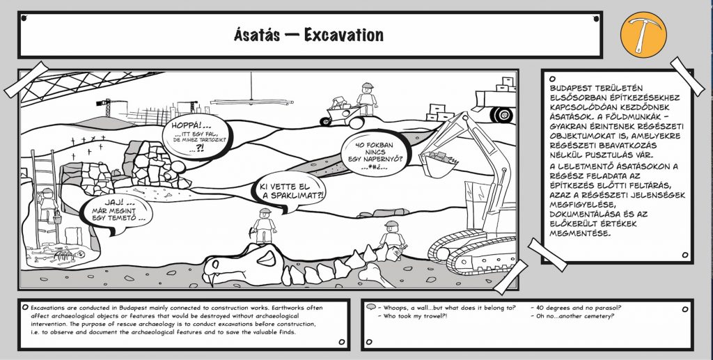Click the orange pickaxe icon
(x=643, y=35)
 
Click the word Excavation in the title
(x=344, y=35)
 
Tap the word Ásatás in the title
(x=257, y=35)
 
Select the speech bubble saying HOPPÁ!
(x=197, y=136)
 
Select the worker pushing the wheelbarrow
(x=368, y=98)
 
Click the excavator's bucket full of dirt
(x=439, y=163)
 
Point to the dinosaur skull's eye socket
(x=267, y=258)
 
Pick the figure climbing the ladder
(x=48, y=205)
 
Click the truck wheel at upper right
(x=501, y=114)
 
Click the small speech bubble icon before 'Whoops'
(x=371, y=307)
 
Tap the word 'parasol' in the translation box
(x=607, y=308)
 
